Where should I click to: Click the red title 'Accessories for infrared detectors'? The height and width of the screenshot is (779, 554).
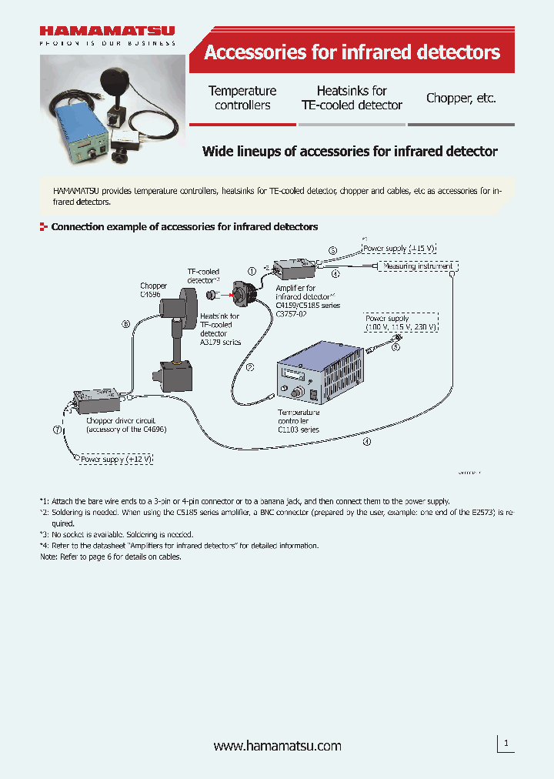point(352,52)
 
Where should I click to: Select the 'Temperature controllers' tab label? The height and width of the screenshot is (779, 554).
point(242,98)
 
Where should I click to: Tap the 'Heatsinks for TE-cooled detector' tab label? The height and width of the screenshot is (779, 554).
point(352,98)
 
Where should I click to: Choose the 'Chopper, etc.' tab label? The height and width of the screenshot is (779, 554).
point(461,98)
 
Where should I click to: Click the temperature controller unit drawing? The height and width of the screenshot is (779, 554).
point(318,374)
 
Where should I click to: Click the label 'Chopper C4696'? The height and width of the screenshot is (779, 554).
point(153,289)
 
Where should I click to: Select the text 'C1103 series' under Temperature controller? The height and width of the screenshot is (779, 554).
point(298,430)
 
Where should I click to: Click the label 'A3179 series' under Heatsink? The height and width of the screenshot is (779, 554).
point(220,342)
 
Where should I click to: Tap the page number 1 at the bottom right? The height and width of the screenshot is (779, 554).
point(506,743)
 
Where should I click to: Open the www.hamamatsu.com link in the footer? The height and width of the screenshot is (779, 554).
point(277,746)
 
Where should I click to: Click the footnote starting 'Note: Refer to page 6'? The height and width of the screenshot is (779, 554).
point(111,557)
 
